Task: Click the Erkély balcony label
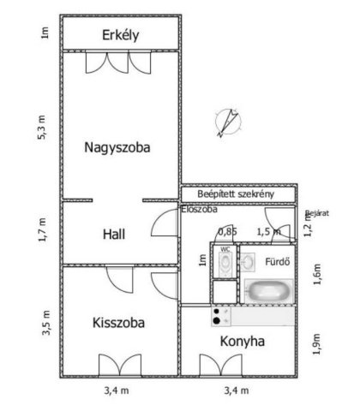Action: point(121,35)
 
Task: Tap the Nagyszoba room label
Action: point(117,148)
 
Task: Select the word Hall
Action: point(114,235)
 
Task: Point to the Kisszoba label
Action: point(118,323)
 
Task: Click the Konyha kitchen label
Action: point(243,342)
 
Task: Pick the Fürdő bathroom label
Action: point(278,262)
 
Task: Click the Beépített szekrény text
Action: point(236,194)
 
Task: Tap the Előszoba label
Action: point(200,209)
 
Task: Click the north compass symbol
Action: point(228,122)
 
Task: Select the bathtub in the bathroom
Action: point(269,291)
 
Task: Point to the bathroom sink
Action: point(248,262)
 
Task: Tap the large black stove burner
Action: point(217,321)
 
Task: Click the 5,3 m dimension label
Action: point(41,128)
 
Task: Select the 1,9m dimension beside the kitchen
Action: point(316,344)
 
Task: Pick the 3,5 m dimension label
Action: point(45,323)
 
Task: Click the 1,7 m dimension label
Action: point(42,229)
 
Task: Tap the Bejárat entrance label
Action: point(317,213)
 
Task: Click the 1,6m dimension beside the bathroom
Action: point(317,274)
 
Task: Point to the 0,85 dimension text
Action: point(228,232)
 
